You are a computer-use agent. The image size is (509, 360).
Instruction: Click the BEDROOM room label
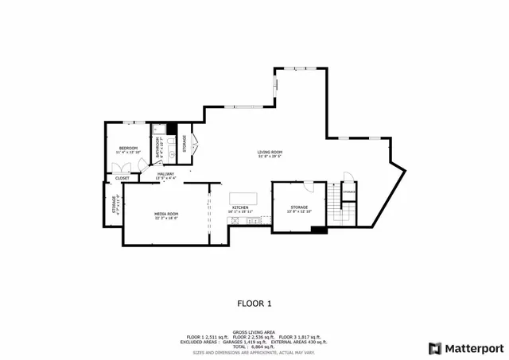click(x=129, y=149)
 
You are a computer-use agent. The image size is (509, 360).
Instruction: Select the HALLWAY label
click(x=165, y=173)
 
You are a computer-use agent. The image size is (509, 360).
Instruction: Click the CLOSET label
click(x=122, y=178)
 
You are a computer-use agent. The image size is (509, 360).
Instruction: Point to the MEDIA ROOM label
click(x=165, y=214)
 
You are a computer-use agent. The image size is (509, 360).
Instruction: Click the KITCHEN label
click(x=240, y=207)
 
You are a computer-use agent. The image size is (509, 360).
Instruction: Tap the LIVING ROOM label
click(x=270, y=152)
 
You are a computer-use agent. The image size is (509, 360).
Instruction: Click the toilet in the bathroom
click(x=157, y=130)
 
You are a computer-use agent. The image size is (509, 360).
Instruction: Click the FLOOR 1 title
click(x=254, y=303)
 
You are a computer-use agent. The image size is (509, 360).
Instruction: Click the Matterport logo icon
click(x=434, y=347)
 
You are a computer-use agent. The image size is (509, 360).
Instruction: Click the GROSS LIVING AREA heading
click(x=254, y=331)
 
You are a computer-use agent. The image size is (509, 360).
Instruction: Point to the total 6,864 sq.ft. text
click(x=254, y=346)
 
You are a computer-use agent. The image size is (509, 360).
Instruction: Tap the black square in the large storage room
click(x=319, y=230)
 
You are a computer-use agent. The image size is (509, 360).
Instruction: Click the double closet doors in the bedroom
click(x=122, y=168)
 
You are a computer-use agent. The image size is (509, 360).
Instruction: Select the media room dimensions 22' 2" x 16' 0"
click(x=165, y=219)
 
